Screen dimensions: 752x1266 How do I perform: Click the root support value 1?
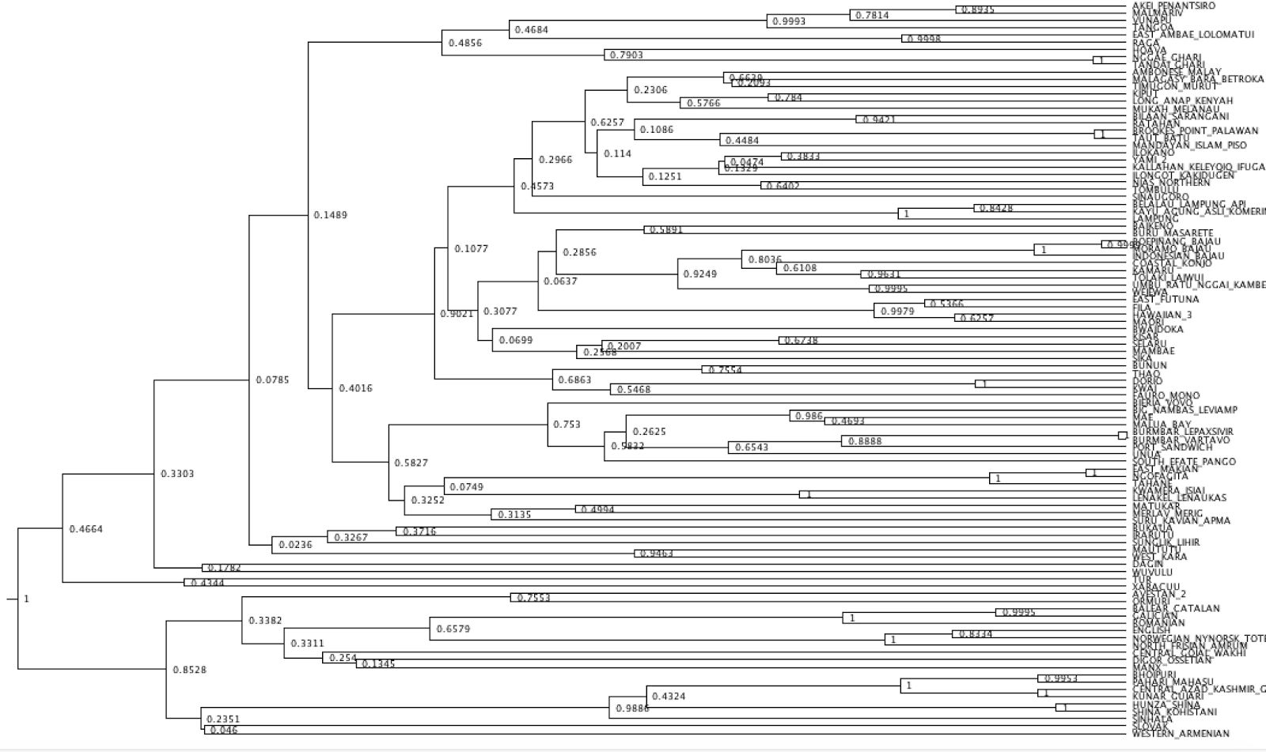pyautogui.click(x=26, y=599)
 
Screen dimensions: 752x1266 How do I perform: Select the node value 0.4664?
pyautogui.click(x=85, y=530)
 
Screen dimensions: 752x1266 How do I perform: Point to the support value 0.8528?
pyautogui.click(x=189, y=670)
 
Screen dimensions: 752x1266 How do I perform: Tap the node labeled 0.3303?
pyautogui.click(x=176, y=474)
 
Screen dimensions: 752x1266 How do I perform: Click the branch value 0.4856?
pyautogui.click(x=464, y=43)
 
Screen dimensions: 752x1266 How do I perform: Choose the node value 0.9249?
pyautogui.click(x=699, y=274)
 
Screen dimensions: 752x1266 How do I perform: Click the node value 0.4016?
pyautogui.click(x=355, y=388)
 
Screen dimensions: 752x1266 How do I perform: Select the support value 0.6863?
pyautogui.click(x=574, y=380)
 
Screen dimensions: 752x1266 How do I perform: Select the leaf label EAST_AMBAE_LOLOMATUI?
pyautogui.click(x=1192, y=35)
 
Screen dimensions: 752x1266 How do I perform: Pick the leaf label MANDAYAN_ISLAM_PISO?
pyautogui.click(x=1189, y=145)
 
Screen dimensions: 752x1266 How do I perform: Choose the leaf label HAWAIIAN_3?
pyautogui.click(x=1162, y=315)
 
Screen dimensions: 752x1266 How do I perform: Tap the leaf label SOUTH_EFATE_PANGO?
pyautogui.click(x=1184, y=462)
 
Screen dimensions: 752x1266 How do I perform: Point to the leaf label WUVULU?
pyautogui.click(x=1152, y=572)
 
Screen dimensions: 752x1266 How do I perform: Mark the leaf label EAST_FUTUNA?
pyautogui.click(x=1166, y=299)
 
